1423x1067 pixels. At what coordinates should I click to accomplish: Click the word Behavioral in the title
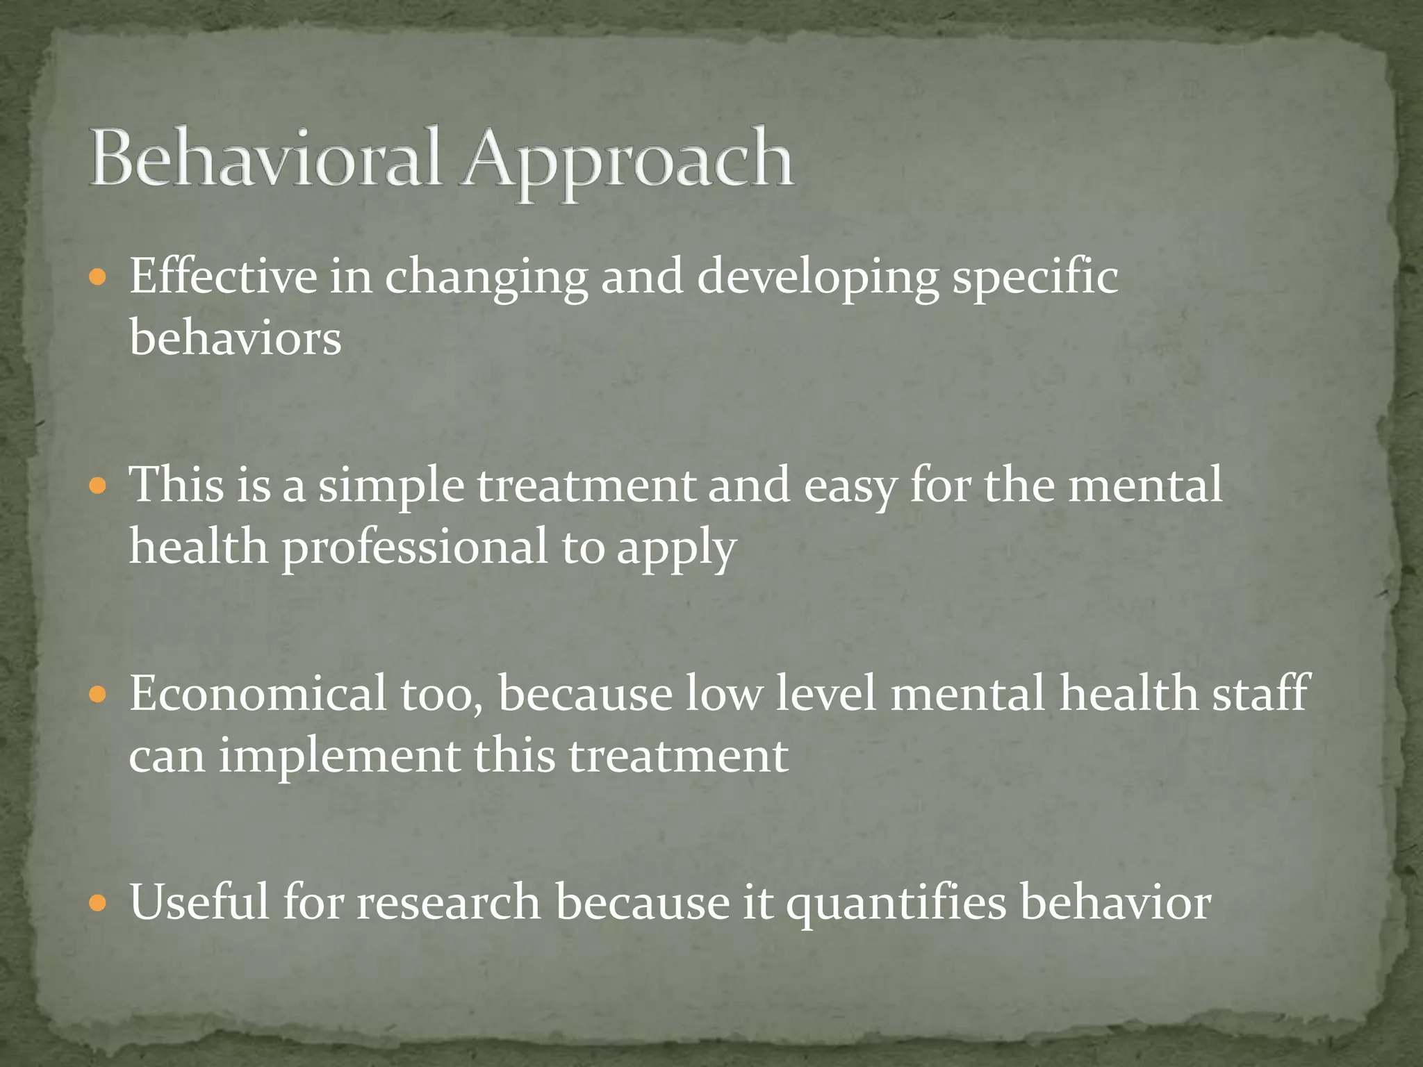tap(265, 158)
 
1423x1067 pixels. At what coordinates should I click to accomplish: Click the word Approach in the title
tap(628, 161)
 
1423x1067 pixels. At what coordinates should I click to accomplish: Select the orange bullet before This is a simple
tap(98, 486)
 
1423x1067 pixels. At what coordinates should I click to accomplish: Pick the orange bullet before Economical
tap(98, 694)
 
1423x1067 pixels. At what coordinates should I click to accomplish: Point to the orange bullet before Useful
tap(98, 903)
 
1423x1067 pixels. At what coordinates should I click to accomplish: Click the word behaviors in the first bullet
tap(235, 338)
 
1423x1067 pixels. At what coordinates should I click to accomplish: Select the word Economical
tap(258, 693)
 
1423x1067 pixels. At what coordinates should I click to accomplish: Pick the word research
tap(449, 902)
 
